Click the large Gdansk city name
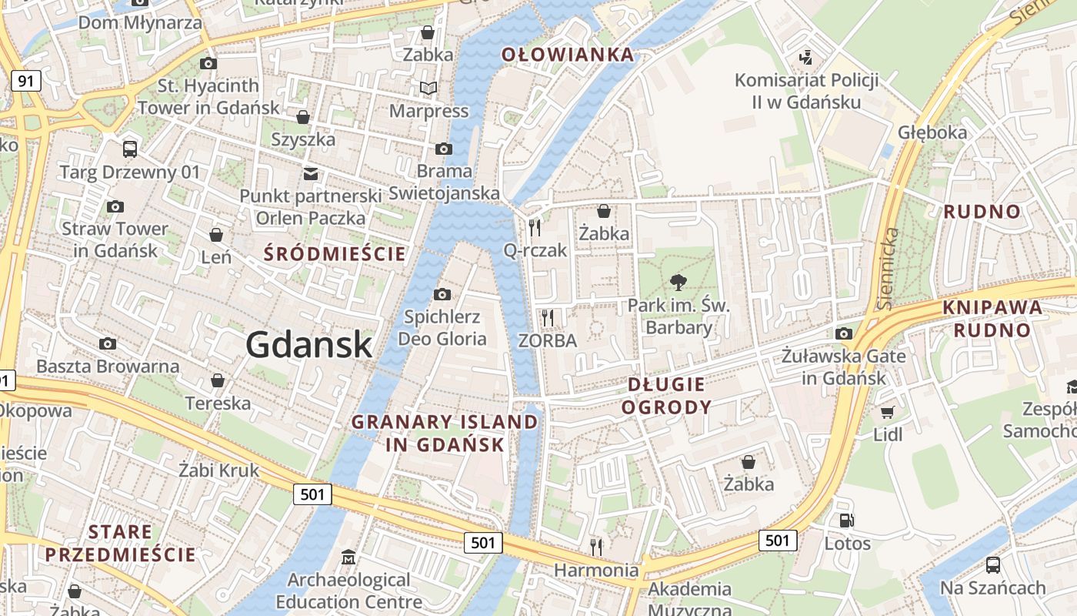tap(309, 345)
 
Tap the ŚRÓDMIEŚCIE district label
tap(335, 253)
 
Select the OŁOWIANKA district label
tap(568, 55)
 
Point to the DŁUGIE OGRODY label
tap(666, 396)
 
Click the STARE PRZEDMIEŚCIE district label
tap(120, 543)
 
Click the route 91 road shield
tap(26, 81)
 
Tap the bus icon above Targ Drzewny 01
tap(130, 149)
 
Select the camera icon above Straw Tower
tap(115, 206)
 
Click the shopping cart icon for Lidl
tap(888, 413)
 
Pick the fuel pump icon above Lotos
tap(846, 521)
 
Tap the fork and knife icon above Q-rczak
tap(535, 227)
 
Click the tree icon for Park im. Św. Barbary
tap(678, 283)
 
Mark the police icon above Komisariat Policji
tap(806, 57)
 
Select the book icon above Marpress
tap(428, 89)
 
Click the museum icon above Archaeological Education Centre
tap(348, 557)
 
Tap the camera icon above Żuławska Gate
tap(844, 333)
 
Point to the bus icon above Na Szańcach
tap(993, 565)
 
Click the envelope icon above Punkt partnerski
tap(311, 174)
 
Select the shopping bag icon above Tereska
tap(218, 380)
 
